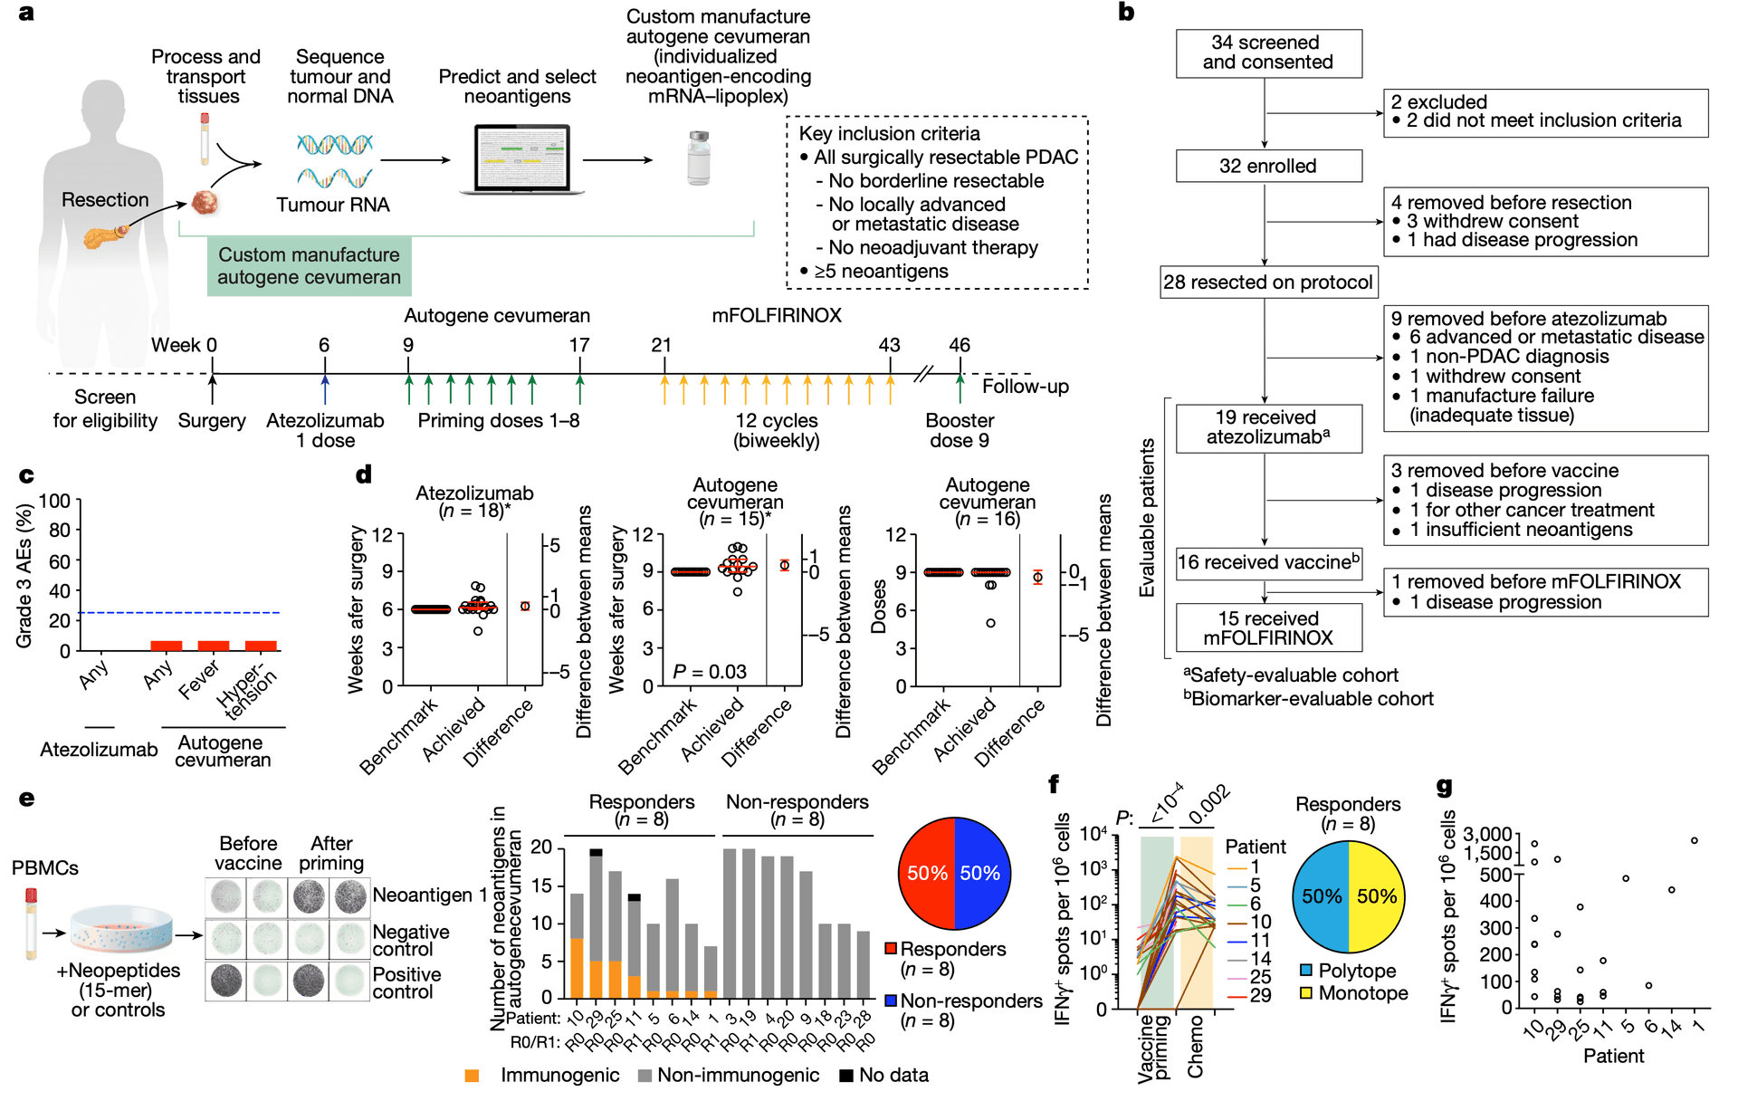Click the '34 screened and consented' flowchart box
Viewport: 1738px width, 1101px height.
(x=1268, y=53)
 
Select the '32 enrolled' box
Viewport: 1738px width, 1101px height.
(x=1268, y=166)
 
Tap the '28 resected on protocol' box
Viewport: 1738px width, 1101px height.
(x=1268, y=282)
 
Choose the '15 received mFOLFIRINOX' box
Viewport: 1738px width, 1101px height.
(x=1268, y=628)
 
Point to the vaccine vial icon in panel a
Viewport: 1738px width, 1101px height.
(x=699, y=158)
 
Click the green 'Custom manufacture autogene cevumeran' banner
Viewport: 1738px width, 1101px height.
(x=309, y=266)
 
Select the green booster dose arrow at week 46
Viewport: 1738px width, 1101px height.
(x=960, y=388)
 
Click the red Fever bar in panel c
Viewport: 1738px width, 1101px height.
(x=214, y=646)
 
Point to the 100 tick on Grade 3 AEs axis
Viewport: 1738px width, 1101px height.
(x=54, y=502)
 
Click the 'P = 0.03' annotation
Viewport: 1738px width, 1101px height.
(x=710, y=672)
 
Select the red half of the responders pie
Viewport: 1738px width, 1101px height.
(x=927, y=873)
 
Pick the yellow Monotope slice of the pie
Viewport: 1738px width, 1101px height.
(x=1376, y=896)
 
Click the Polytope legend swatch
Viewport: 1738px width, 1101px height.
(x=1306, y=971)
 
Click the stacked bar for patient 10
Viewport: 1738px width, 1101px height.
(x=577, y=943)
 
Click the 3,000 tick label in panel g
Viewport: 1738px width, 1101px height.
(x=1487, y=834)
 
